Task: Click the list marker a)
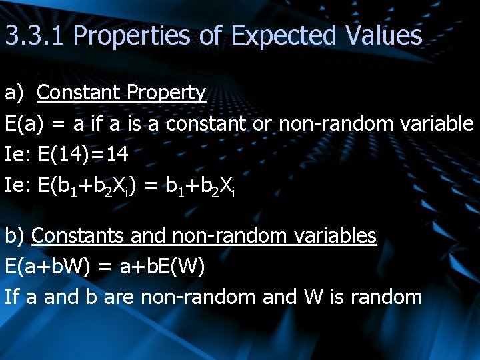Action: (15, 93)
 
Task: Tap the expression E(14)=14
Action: (83, 155)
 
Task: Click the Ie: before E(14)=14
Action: (18, 155)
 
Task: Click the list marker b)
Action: (15, 235)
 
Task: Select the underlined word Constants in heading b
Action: (78, 235)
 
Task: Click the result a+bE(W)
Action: (162, 266)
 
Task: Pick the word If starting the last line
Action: (11, 297)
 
